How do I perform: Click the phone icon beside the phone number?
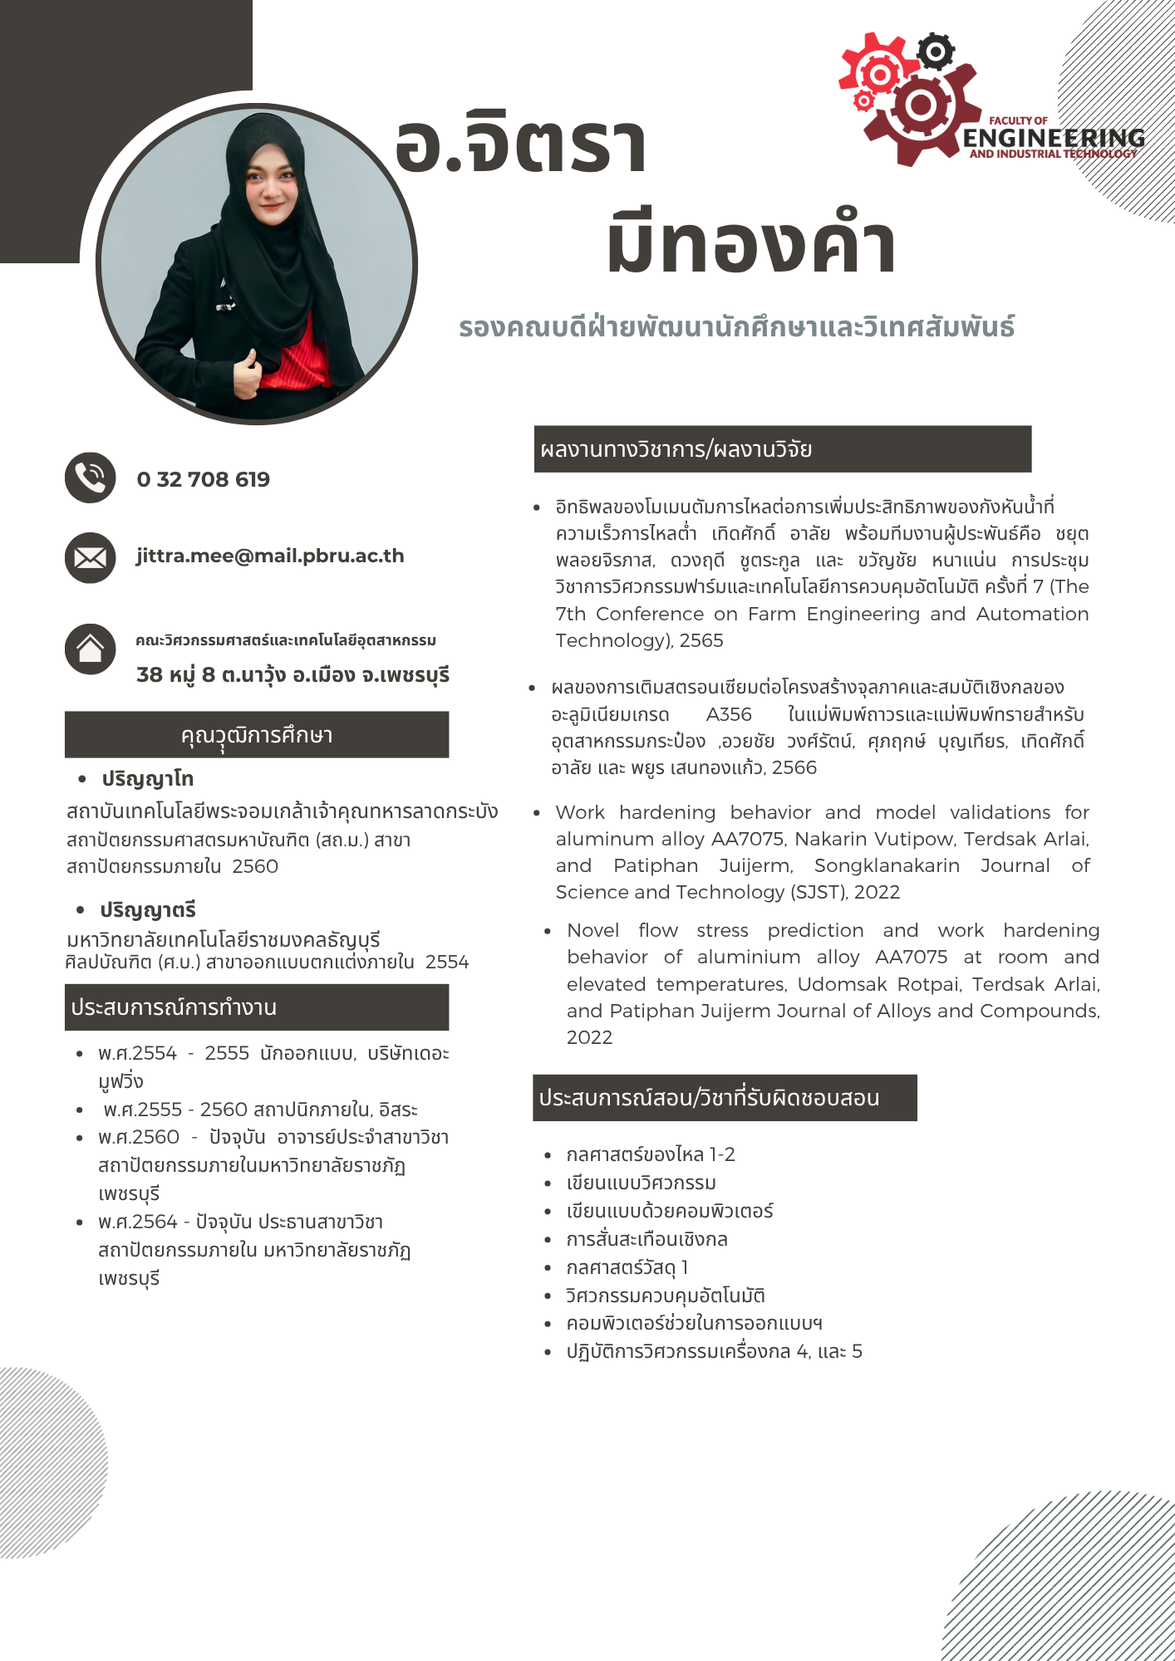[x=90, y=478]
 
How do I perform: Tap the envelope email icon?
[x=90, y=557]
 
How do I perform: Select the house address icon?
[x=90, y=649]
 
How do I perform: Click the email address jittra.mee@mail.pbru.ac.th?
[x=270, y=556]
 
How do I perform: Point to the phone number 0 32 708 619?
[x=204, y=479]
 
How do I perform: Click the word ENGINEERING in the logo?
[x=1054, y=137]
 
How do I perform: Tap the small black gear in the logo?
[x=937, y=52]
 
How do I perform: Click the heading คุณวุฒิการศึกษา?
[x=257, y=735]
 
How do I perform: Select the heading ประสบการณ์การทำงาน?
[x=174, y=1007]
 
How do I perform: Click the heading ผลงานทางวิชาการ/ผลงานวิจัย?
[x=676, y=449]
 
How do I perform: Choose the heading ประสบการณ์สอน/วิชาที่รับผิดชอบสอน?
[x=709, y=1098]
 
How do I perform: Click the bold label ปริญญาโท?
[x=148, y=779]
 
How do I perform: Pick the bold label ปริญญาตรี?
[x=148, y=910]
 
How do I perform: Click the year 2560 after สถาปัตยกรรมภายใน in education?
[x=255, y=867]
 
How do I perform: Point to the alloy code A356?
[x=729, y=715]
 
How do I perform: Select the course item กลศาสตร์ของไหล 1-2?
[x=651, y=1155]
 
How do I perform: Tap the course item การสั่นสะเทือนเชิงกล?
[x=646, y=1240]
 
